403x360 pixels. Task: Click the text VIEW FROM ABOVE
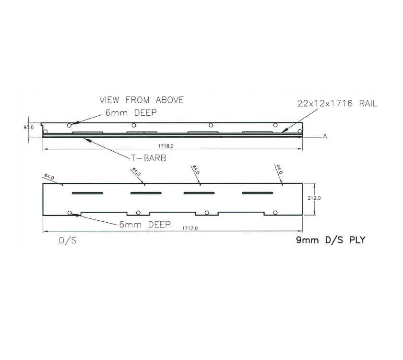[x=142, y=100]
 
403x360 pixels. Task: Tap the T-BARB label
[x=148, y=158]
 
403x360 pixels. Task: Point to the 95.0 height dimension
[x=29, y=128]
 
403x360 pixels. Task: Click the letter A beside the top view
[x=325, y=137]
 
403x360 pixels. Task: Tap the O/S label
[x=68, y=241]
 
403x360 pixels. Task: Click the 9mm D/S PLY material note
[x=331, y=240]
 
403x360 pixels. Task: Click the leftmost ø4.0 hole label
[x=49, y=177]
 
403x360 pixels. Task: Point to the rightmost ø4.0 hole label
[x=279, y=169]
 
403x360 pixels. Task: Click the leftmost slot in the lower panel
[x=87, y=193]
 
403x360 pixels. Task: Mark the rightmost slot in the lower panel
[x=257, y=193]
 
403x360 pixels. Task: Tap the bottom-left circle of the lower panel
[x=70, y=213]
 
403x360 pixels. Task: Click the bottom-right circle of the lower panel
[x=275, y=212]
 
